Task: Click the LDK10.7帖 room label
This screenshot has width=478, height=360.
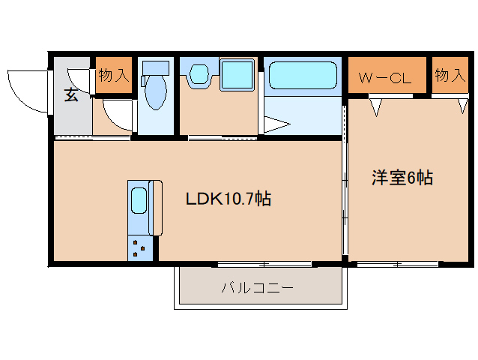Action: click(228, 199)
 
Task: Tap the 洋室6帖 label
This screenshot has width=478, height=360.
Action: click(402, 178)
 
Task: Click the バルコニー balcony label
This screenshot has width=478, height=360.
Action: click(258, 288)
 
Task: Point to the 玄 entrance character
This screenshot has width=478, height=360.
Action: click(71, 96)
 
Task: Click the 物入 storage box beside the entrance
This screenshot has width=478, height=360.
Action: click(114, 76)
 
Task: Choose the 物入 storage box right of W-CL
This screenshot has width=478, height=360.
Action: click(450, 76)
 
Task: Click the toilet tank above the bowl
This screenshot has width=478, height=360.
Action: click(156, 67)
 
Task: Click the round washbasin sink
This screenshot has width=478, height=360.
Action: click(199, 73)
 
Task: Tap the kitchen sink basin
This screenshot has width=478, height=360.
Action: click(139, 202)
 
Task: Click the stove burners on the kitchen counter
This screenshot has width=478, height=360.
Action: click(139, 247)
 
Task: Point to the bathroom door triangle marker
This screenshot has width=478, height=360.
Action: click(275, 124)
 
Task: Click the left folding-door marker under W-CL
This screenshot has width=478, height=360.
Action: click(376, 106)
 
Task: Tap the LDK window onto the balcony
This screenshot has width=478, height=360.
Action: click(264, 263)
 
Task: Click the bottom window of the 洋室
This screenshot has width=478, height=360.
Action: click(397, 263)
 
